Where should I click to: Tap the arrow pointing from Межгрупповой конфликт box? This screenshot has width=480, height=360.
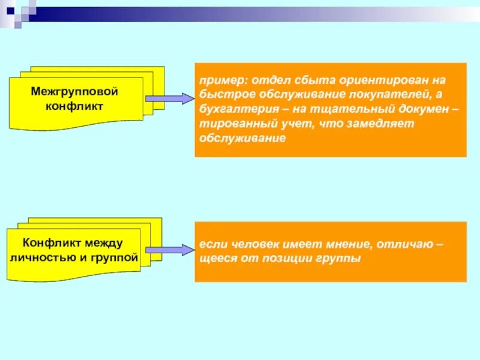169,99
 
